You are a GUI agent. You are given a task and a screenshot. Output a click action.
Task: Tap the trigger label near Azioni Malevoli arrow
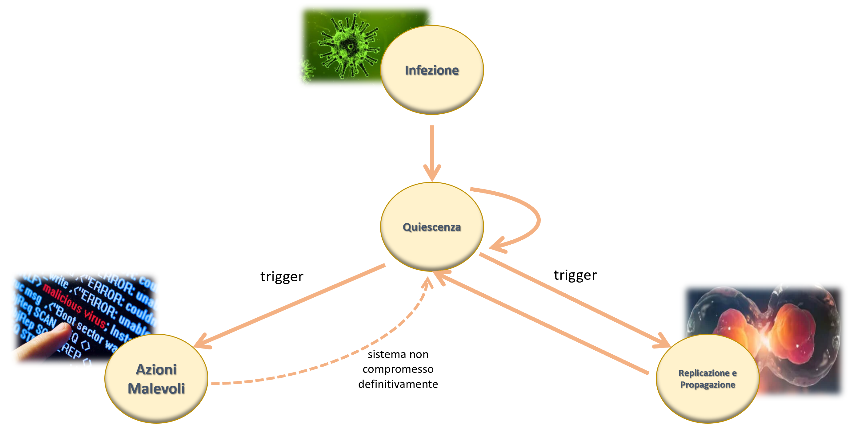click(282, 277)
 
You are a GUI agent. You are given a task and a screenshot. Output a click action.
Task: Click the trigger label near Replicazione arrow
click(575, 275)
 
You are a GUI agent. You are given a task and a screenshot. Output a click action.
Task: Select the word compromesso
click(398, 369)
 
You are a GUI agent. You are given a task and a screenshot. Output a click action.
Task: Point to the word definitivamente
click(398, 384)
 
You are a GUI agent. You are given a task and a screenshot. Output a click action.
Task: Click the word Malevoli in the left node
click(156, 389)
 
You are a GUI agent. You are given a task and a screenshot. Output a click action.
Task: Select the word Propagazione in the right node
click(708, 385)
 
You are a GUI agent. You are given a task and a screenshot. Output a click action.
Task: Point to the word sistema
click(383, 354)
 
